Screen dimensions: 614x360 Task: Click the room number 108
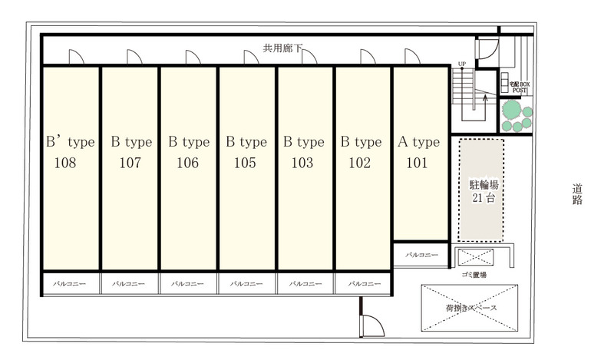[65, 163]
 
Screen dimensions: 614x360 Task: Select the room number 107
[130, 163]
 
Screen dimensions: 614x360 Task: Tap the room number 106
[187, 163]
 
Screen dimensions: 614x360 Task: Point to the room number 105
[245, 163]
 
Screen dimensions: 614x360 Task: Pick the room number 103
[302, 163]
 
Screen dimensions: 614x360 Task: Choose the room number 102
[359, 163]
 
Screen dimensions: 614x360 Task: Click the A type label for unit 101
[418, 142]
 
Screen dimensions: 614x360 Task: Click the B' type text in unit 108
[71, 142]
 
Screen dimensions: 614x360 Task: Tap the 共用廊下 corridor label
[282, 48]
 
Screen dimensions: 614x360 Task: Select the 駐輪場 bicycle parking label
[484, 184]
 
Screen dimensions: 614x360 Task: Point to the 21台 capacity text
[484, 198]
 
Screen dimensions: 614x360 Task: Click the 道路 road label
[577, 195]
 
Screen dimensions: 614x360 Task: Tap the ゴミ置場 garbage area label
[474, 275]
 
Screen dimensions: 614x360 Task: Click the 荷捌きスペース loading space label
[471, 308]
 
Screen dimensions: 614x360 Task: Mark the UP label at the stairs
[462, 64]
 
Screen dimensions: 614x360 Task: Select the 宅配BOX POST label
[520, 87]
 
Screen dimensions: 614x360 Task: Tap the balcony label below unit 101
[421, 255]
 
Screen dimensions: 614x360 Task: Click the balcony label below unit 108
[69, 283]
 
